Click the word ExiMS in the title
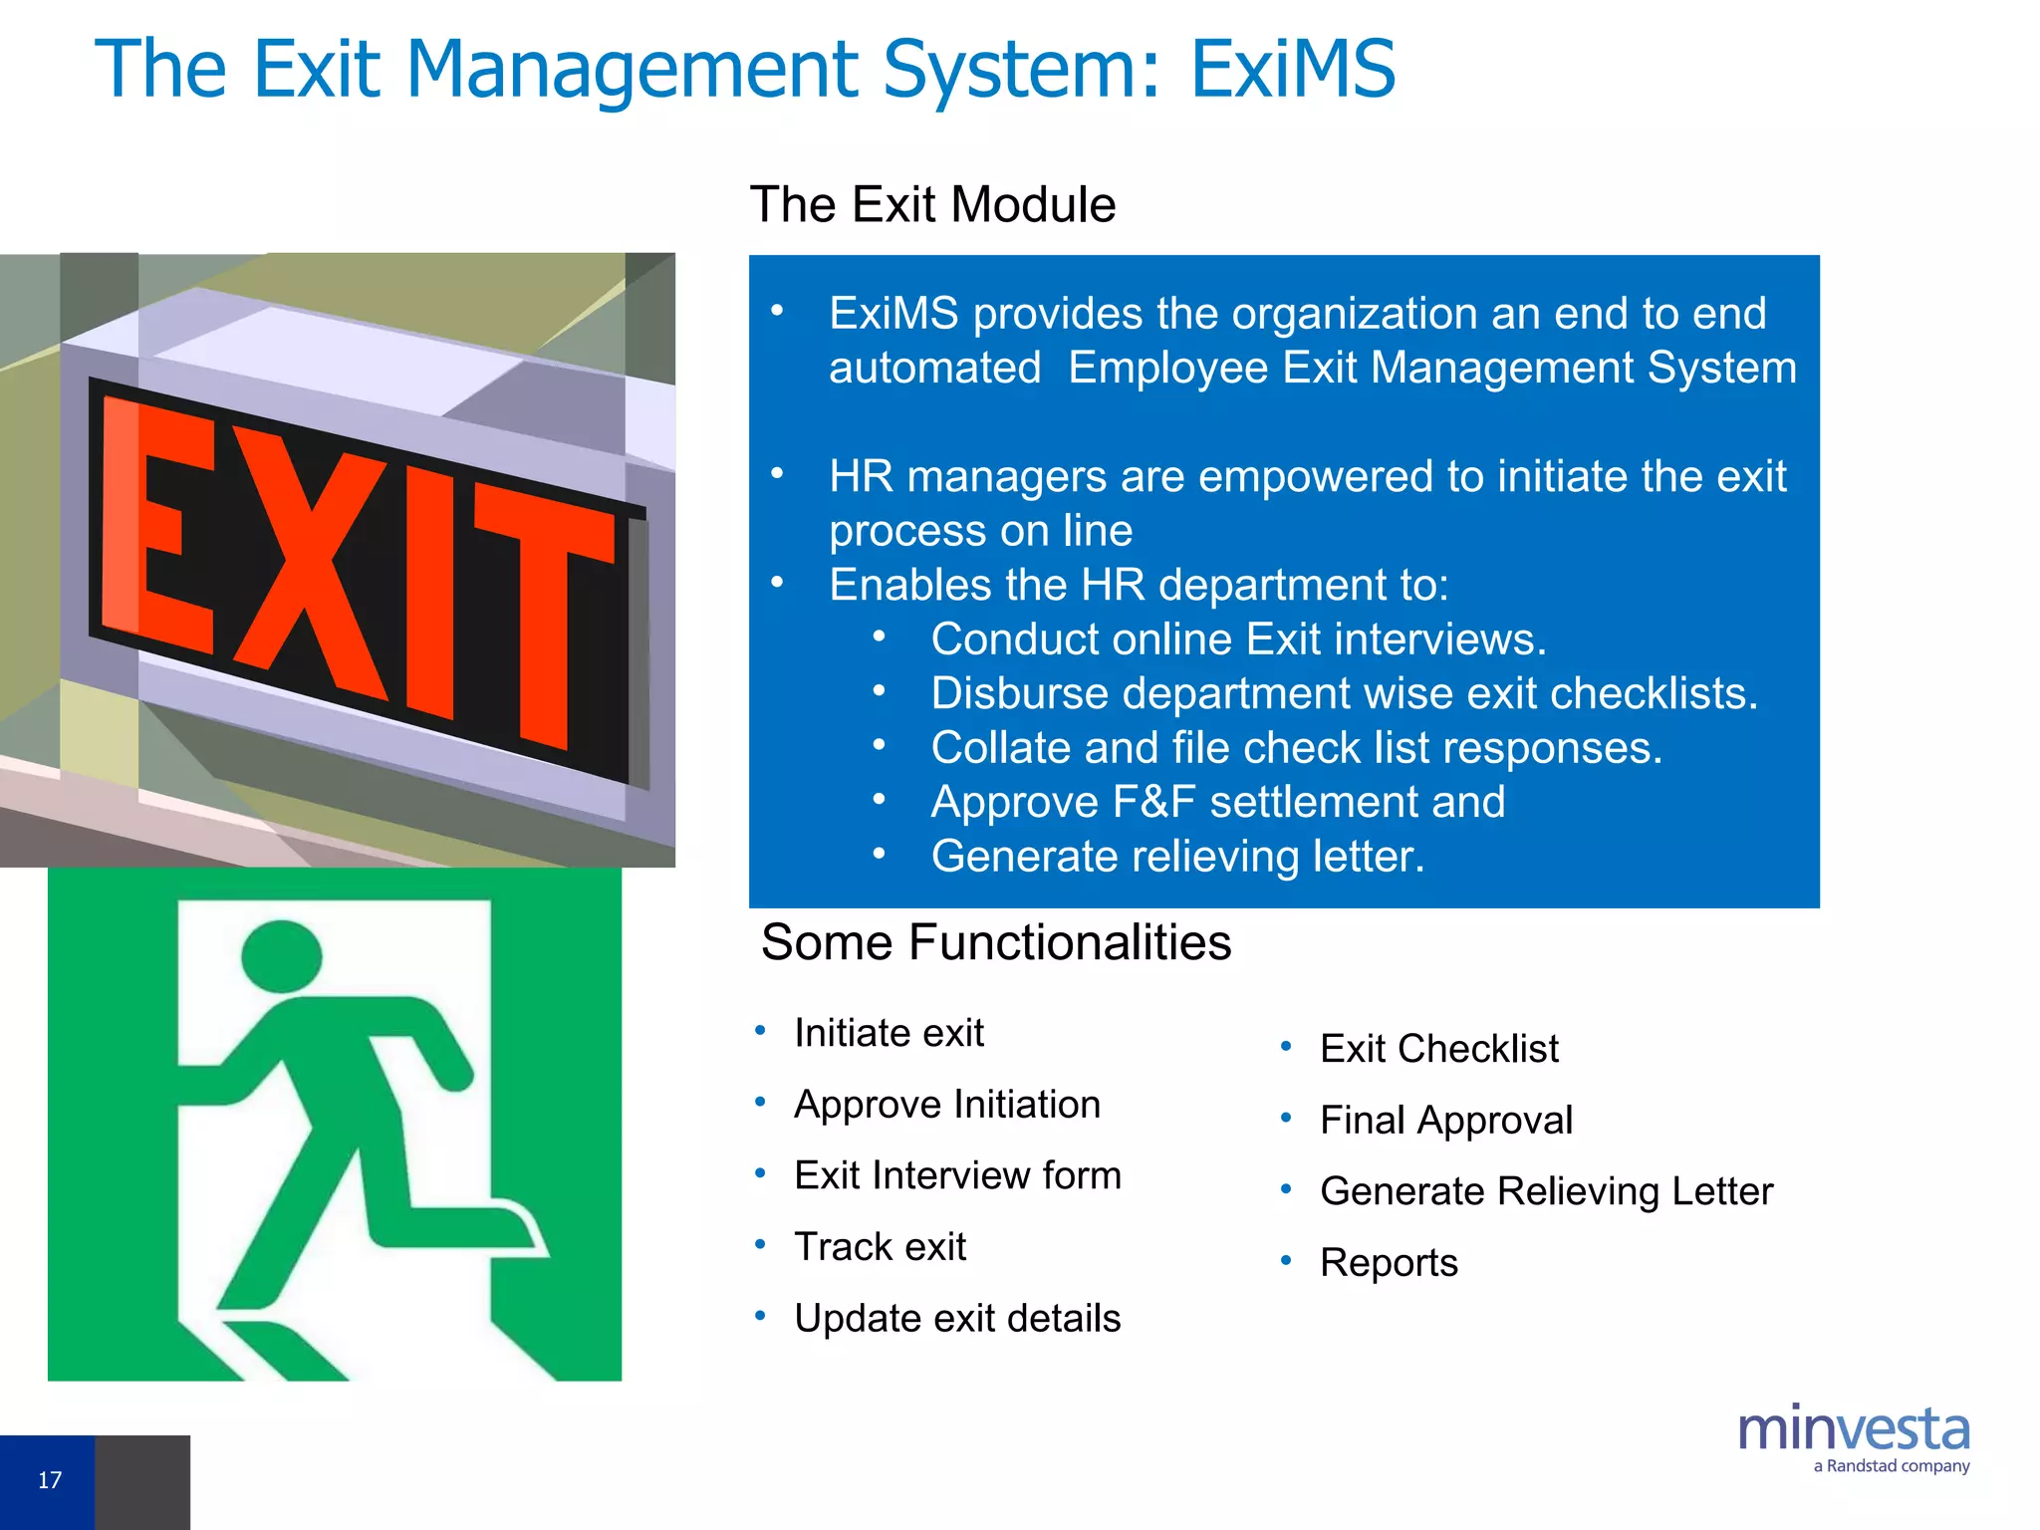[x=1292, y=70]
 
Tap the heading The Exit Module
[x=932, y=205]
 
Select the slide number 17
[x=49, y=1480]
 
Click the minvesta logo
[x=1853, y=1429]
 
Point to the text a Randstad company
[x=1891, y=1466]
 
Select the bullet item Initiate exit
[x=889, y=1033]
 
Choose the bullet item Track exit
[x=880, y=1247]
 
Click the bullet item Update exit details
[x=957, y=1319]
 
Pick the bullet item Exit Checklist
[x=1438, y=1049]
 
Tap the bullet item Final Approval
[x=1445, y=1121]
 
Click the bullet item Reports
[x=1389, y=1263]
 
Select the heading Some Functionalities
[x=996, y=942]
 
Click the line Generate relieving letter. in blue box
[x=1177, y=857]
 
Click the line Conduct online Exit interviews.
[x=1238, y=639]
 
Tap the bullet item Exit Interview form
[x=957, y=1176]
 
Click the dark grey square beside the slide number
[x=142, y=1482]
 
